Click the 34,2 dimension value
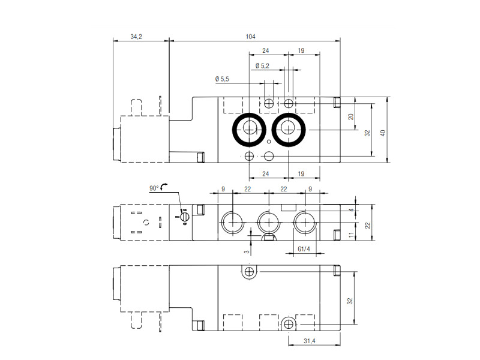[x=136, y=37]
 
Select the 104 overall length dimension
[x=250, y=37]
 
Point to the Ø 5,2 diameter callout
[x=262, y=66]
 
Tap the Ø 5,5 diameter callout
[x=222, y=79]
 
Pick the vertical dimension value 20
[x=351, y=116]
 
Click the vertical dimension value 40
[x=383, y=133]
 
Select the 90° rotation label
[x=154, y=188]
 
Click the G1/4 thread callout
[x=304, y=249]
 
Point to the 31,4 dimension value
[x=309, y=341]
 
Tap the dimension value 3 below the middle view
[x=247, y=252]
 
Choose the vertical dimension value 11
[x=352, y=235]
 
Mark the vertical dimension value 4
[x=352, y=210]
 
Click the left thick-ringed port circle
[x=249, y=129]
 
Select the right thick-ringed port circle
[x=289, y=129]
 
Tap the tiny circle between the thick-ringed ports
[x=269, y=142]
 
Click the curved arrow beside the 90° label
[x=163, y=185]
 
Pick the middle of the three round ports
[x=269, y=222]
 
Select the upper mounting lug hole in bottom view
[x=249, y=272]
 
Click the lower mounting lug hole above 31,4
[x=289, y=324]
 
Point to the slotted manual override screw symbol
[x=184, y=217]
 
